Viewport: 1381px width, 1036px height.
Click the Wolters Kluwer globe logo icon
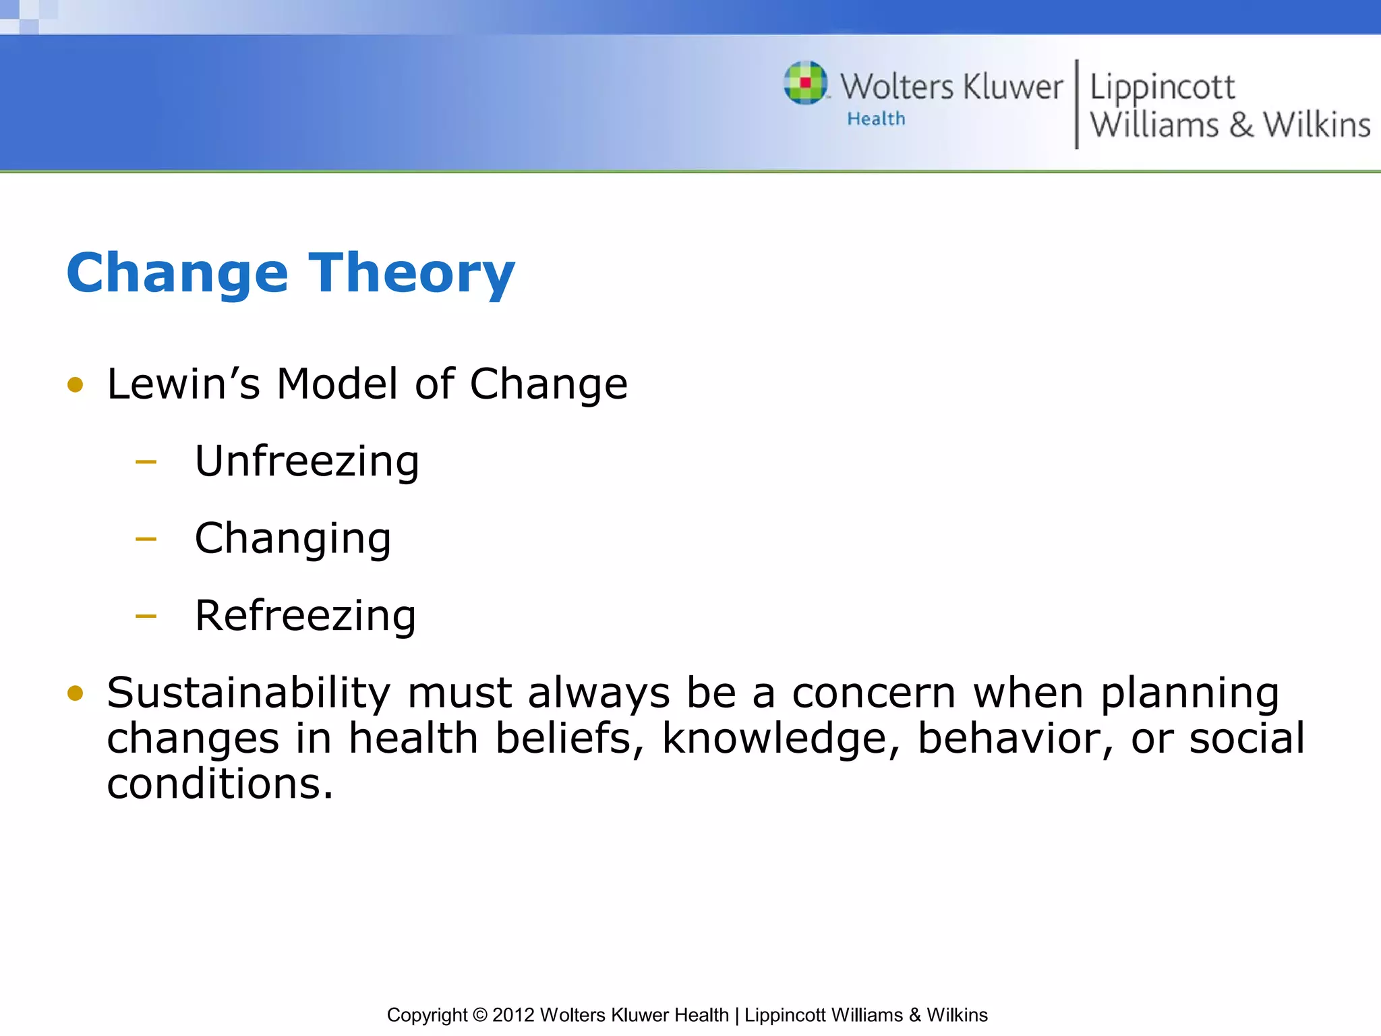tap(805, 83)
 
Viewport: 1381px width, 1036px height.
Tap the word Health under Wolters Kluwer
tap(876, 119)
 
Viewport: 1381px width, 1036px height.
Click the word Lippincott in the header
tap(1162, 88)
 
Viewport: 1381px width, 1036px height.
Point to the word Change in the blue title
tap(177, 274)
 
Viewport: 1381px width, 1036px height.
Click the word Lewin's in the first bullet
tap(183, 384)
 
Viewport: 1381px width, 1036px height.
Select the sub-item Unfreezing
tap(307, 462)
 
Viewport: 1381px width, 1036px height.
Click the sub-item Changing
tap(293, 539)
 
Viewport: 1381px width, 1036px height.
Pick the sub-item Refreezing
tap(305, 616)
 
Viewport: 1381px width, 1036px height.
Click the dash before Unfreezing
tap(146, 463)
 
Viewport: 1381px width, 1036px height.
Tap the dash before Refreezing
tap(146, 616)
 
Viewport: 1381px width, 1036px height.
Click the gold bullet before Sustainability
tap(75, 693)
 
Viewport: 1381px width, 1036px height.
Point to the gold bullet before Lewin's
tap(75, 385)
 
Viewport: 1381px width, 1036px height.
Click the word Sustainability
tap(248, 693)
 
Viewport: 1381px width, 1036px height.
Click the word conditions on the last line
tap(220, 784)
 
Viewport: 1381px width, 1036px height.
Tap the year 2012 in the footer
tap(513, 1015)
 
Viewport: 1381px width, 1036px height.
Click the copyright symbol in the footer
tap(479, 1015)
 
